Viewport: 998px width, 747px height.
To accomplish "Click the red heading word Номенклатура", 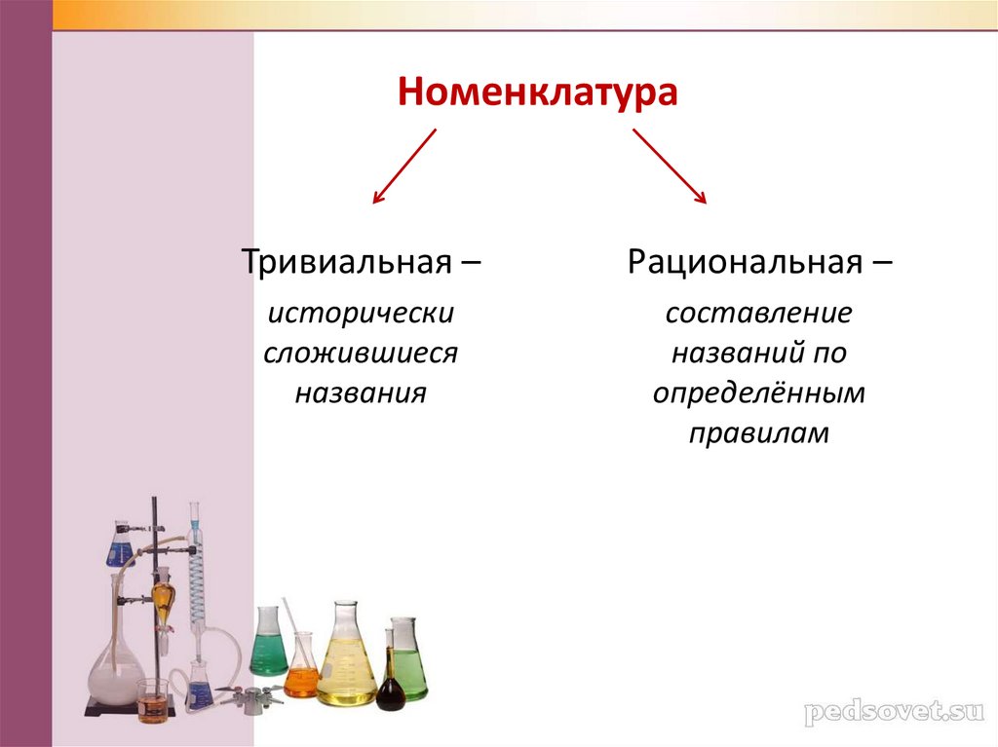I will point(536,94).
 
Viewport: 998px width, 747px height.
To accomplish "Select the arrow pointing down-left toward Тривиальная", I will point(404,167).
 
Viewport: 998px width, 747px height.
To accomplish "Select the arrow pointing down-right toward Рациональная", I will point(670,167).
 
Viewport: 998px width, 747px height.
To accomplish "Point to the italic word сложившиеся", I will point(361,354).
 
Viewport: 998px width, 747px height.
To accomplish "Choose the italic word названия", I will point(361,392).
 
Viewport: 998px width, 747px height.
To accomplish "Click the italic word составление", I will point(759,315).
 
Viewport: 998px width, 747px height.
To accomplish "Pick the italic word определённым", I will point(759,393).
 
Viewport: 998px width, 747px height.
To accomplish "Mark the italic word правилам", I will point(759,432).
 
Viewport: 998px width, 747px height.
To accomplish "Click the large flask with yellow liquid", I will point(346,662).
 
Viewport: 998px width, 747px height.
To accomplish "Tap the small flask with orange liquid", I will point(301,672).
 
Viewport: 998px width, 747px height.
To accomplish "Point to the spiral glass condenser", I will point(197,584).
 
